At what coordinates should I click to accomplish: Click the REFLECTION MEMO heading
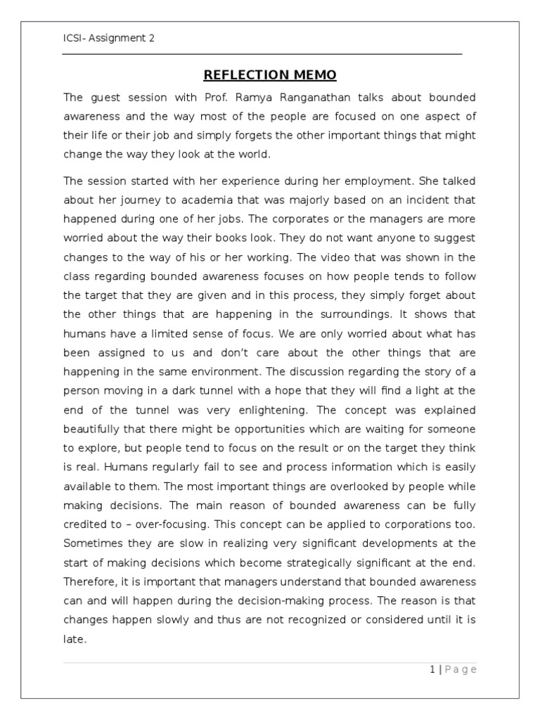[x=270, y=75]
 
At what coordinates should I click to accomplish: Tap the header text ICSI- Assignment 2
[x=109, y=39]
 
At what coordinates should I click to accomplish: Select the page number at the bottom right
[x=453, y=669]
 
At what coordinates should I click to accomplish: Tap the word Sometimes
[x=93, y=543]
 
